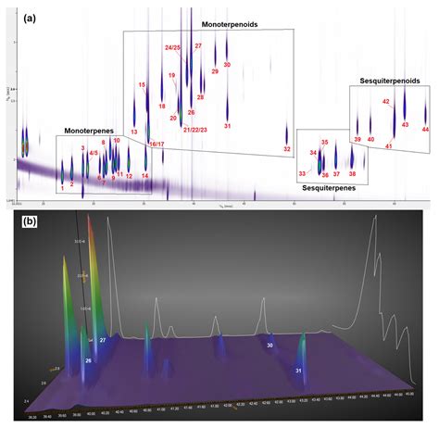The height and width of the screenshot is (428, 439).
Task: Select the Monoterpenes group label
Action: coord(90,131)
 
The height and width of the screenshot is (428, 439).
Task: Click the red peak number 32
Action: coord(287,149)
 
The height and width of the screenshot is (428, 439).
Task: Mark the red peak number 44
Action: coord(425,130)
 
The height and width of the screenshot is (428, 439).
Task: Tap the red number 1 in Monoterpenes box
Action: coord(63,187)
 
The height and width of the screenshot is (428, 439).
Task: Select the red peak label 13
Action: coord(133,132)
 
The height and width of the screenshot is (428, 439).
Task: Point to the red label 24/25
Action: coord(173,47)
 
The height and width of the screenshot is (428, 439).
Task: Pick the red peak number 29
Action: coord(215,69)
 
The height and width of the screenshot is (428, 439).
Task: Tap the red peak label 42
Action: coord(386,102)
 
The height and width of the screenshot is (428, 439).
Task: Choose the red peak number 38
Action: coord(352,173)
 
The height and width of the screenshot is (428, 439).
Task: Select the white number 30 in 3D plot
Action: coord(270,345)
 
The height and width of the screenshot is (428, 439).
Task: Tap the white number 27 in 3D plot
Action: coord(103,341)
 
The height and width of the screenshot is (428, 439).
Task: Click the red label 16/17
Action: coord(157,145)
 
